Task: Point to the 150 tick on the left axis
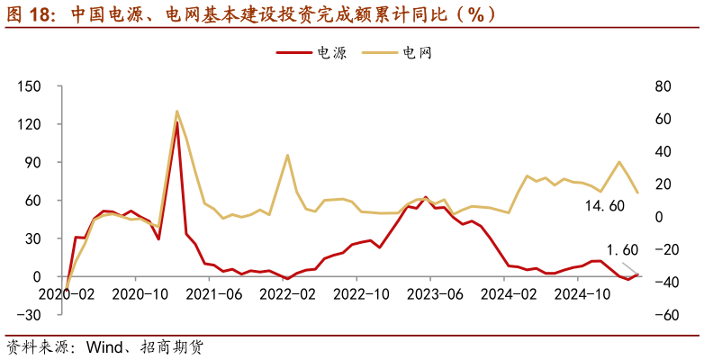pyautogui.click(x=30, y=86)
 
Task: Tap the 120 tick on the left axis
pyautogui.click(x=30, y=124)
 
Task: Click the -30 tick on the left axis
pyautogui.click(x=30, y=314)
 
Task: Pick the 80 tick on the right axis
pyautogui.click(x=663, y=86)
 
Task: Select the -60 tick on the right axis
pyautogui.click(x=663, y=315)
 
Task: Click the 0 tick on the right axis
pyautogui.click(x=663, y=217)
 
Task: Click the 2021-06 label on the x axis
pyautogui.click(x=213, y=293)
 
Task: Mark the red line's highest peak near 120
pyautogui.click(x=177, y=122)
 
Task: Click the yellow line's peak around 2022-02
pyautogui.click(x=288, y=155)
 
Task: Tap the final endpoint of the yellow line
pyautogui.click(x=637, y=193)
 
